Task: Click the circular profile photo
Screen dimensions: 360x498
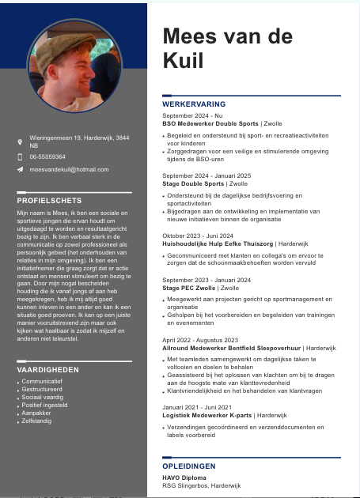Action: (x=75, y=66)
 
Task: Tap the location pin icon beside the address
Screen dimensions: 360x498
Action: (x=21, y=142)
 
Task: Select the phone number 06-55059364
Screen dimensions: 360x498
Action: (x=47, y=157)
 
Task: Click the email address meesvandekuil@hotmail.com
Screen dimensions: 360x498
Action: (x=69, y=170)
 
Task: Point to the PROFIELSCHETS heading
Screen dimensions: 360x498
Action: (x=49, y=201)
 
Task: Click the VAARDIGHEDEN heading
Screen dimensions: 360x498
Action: (x=47, y=369)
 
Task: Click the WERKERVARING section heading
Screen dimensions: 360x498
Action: (x=194, y=104)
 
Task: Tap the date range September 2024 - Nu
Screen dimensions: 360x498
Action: (x=192, y=115)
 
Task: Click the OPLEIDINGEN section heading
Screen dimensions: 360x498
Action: (x=188, y=467)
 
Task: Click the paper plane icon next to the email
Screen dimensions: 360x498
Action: (x=21, y=170)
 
